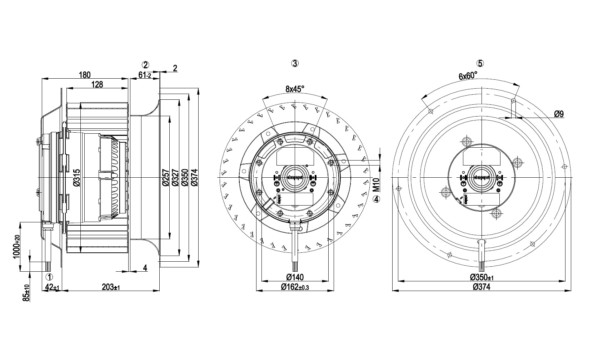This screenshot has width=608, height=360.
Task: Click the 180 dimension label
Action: pyautogui.click(x=85, y=75)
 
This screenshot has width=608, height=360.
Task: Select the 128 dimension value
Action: pyautogui.click(x=97, y=84)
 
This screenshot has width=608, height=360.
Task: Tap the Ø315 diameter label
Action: pyautogui.click(x=76, y=178)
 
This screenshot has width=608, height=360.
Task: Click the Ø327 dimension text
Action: pyautogui.click(x=175, y=178)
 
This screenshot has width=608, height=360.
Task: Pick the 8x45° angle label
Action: pyautogui.click(x=295, y=89)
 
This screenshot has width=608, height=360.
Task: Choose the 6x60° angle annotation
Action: pyautogui.click(x=468, y=75)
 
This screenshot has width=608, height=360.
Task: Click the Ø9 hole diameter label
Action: pyautogui.click(x=559, y=114)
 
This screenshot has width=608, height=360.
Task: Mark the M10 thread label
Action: pyautogui.click(x=375, y=186)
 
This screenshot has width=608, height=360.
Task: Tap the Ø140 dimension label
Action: pyautogui.click(x=295, y=277)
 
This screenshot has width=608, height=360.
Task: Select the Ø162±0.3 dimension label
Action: pyautogui.click(x=295, y=287)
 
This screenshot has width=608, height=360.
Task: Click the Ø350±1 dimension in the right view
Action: pyautogui.click(x=482, y=277)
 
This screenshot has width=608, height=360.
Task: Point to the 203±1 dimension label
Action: pyautogui.click(x=110, y=287)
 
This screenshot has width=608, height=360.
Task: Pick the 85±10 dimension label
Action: pyautogui.click(x=26, y=293)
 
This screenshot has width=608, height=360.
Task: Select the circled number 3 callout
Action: pyautogui.click(x=295, y=63)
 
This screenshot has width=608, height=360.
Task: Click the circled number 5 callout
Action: pyautogui.click(x=480, y=63)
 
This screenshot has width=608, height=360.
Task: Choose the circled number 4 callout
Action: pyautogui.click(x=376, y=199)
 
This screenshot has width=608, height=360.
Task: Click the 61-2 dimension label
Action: pyautogui.click(x=145, y=75)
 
